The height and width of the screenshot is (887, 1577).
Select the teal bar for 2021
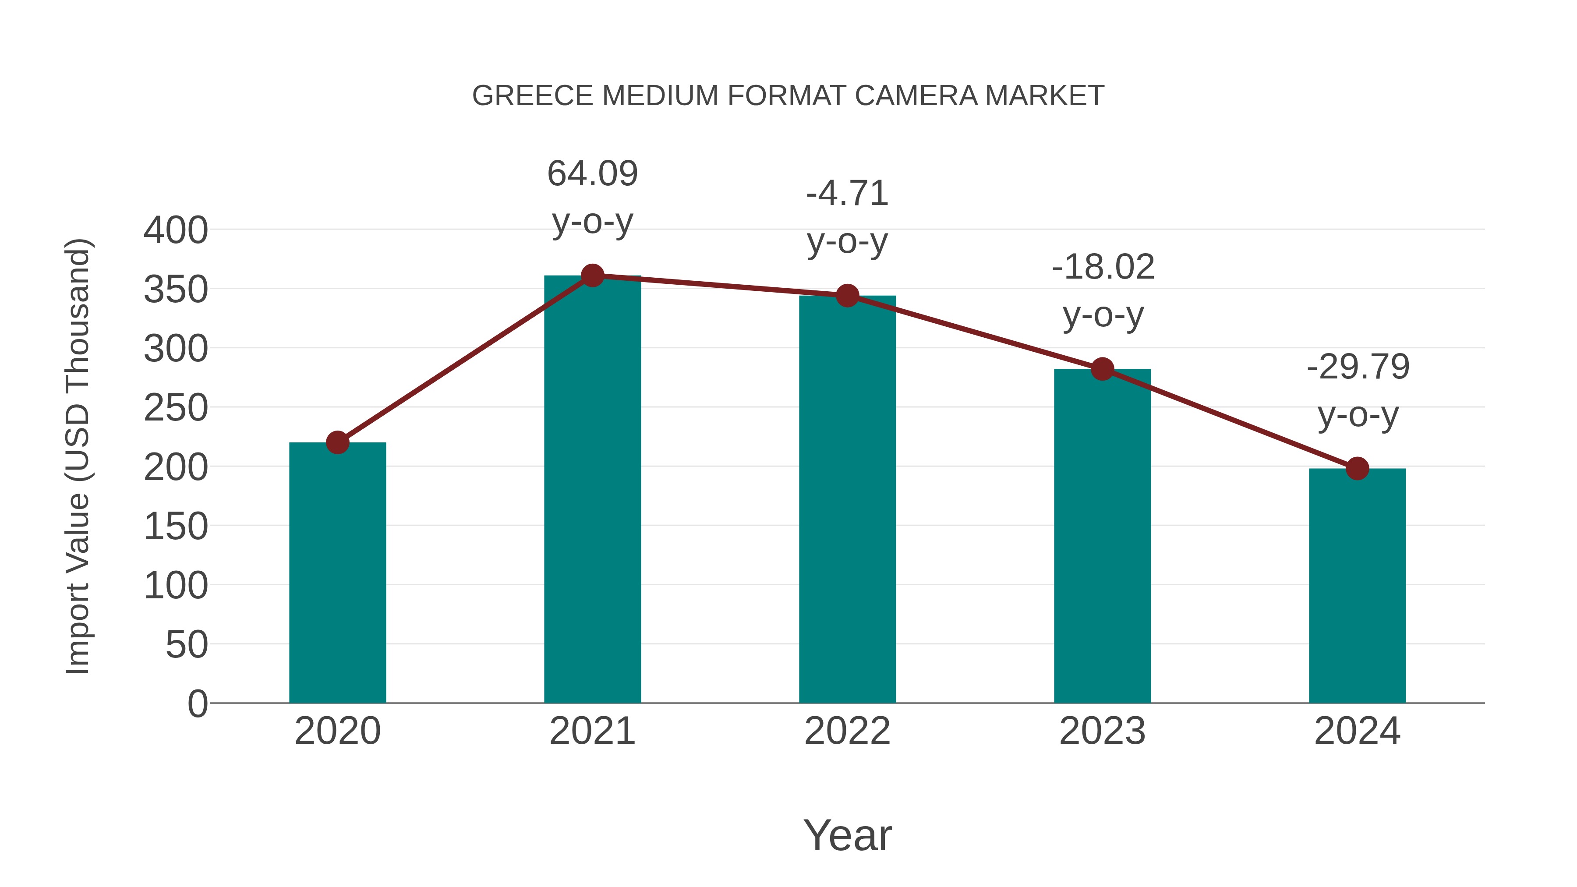tap(592, 490)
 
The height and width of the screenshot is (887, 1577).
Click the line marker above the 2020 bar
tap(337, 442)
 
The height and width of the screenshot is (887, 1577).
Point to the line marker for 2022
tap(847, 296)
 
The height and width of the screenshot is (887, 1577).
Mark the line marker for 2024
tap(1357, 469)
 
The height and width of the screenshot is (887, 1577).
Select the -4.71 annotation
tap(847, 194)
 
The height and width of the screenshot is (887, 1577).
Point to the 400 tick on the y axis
tap(176, 231)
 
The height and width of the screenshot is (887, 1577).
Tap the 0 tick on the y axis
tap(198, 703)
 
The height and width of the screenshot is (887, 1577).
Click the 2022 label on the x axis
tap(847, 731)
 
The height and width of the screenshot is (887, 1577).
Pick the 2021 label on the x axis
tap(592, 731)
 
